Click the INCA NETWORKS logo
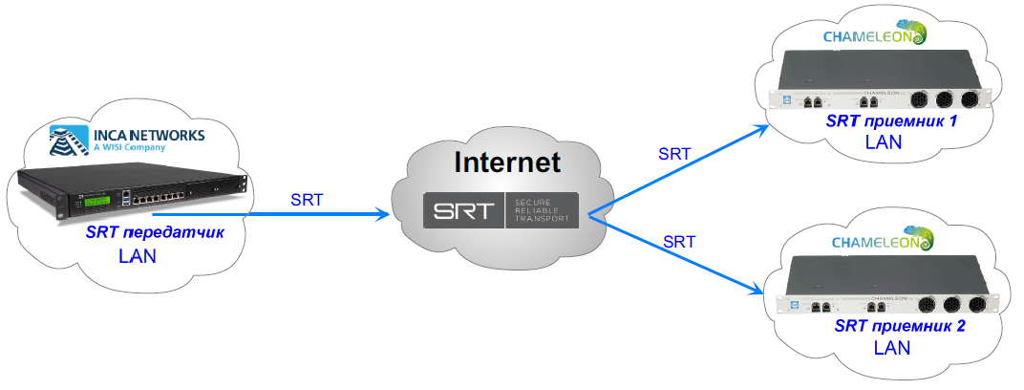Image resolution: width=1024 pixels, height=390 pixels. point(127,140)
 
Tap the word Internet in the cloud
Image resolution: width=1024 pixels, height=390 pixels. point(505,162)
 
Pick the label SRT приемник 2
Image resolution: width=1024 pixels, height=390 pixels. point(899,327)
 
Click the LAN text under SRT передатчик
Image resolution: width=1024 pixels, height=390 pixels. point(138,257)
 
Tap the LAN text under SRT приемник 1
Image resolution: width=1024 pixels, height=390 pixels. point(883,142)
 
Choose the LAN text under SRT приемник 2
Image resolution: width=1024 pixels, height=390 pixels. point(892,347)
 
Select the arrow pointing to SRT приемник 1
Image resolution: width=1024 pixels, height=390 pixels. point(678,168)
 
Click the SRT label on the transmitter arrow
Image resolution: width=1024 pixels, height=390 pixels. point(306,200)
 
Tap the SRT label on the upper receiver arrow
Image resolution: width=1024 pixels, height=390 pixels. point(675,153)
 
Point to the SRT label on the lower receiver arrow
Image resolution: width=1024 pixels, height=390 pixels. point(678,241)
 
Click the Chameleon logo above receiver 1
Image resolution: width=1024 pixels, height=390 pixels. point(874,35)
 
